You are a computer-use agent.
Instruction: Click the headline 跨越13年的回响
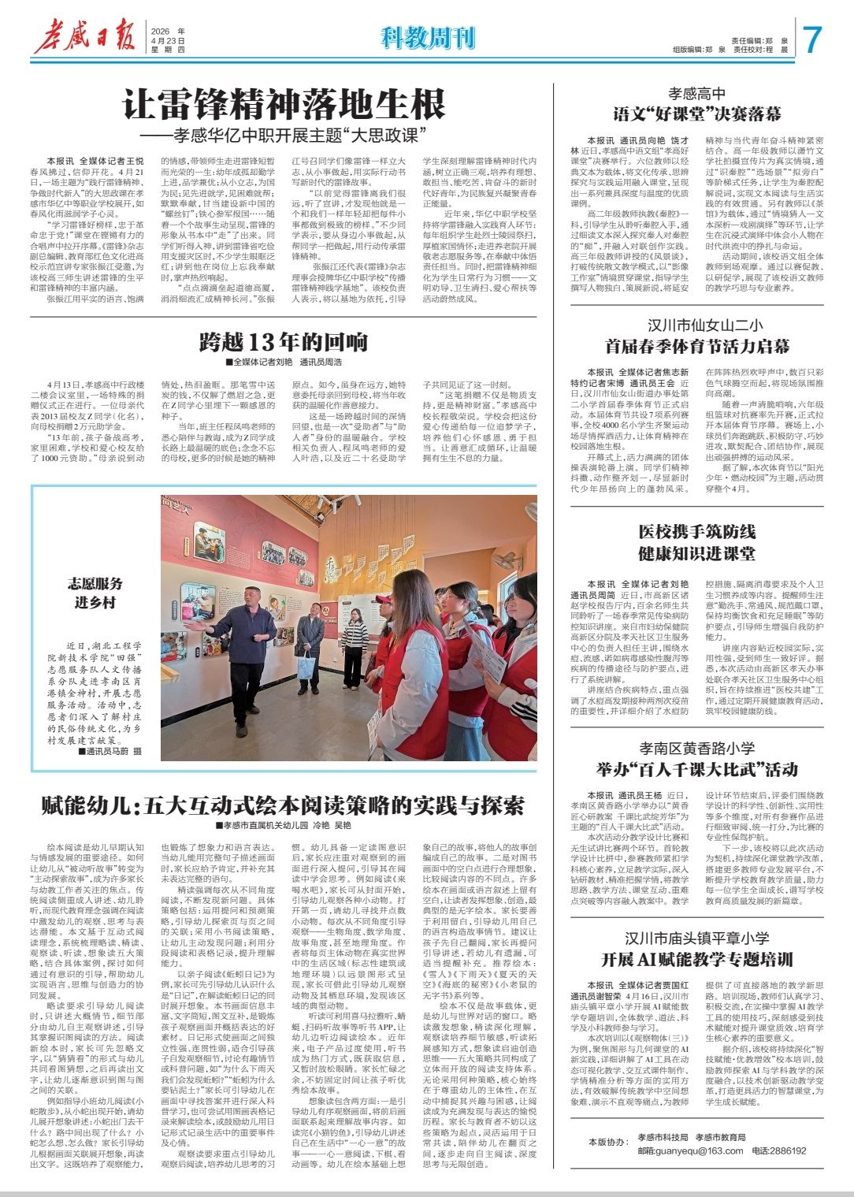(x=284, y=341)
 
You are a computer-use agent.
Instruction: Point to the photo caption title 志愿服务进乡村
(x=95, y=593)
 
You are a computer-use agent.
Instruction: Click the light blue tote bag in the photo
(x=306, y=666)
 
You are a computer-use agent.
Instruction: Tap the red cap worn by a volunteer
(x=383, y=599)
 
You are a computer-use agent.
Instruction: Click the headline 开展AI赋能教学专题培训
(x=696, y=959)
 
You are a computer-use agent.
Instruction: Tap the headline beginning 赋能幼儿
(x=284, y=805)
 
